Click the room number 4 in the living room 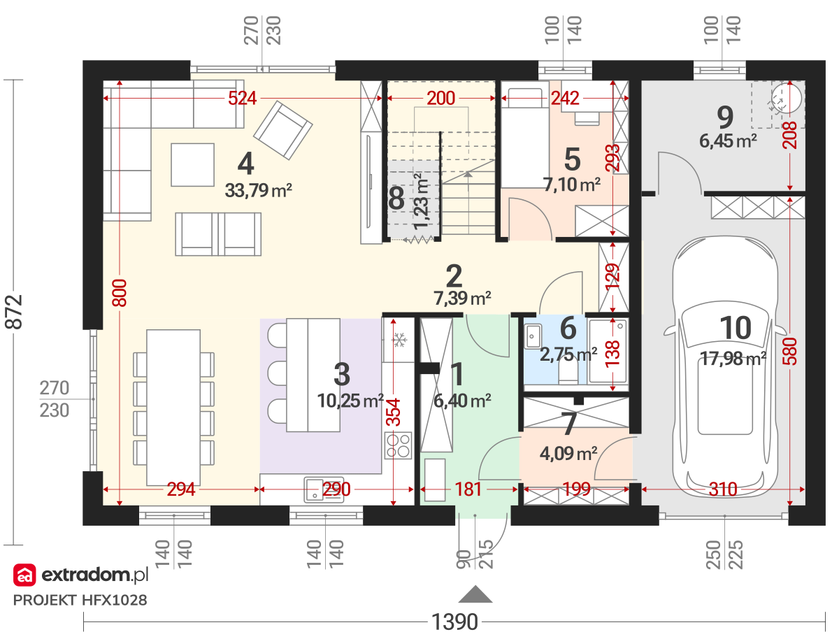click(x=245, y=164)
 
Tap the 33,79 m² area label click(x=259, y=190)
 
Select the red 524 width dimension click(x=242, y=98)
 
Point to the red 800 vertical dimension click(x=120, y=293)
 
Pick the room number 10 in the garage click(x=735, y=328)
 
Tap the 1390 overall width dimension click(x=454, y=622)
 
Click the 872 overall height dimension click(x=14, y=312)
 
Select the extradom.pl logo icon click(x=24, y=575)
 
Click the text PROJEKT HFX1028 click(x=80, y=601)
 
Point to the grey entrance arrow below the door click(x=475, y=594)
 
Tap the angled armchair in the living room click(x=283, y=130)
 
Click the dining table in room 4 click(x=173, y=408)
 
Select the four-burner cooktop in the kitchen click(x=399, y=445)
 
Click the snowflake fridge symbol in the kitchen click(x=399, y=340)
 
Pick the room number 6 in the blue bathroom click(x=568, y=328)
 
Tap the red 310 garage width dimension click(x=723, y=489)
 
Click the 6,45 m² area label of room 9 click(x=728, y=141)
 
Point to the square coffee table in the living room click(x=193, y=165)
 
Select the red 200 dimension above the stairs click(x=440, y=98)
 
